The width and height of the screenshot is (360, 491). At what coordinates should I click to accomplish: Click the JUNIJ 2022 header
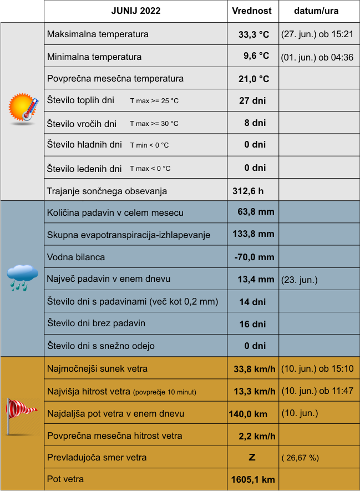135,11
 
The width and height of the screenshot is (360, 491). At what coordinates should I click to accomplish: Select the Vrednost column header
252,11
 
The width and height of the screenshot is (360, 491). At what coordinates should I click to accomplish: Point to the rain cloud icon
22,277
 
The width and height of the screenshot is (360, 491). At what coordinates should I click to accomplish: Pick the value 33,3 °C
253,34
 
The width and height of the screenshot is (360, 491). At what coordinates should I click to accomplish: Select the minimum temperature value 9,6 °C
256,56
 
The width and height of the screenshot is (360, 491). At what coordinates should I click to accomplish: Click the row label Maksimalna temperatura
98,34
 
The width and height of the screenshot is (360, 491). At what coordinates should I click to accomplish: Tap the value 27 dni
252,101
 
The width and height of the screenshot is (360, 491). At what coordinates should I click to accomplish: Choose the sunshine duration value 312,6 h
248,191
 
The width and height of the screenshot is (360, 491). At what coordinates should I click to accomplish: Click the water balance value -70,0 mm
254,257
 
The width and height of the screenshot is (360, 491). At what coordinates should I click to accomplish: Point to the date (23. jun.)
300,280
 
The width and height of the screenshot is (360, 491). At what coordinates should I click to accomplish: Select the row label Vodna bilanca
76,257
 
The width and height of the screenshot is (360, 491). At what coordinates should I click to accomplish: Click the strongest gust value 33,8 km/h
255,369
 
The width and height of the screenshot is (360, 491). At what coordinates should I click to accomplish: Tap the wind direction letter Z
252,458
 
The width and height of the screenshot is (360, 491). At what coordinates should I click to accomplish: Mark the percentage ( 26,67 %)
300,458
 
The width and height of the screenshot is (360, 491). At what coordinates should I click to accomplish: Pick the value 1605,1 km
252,479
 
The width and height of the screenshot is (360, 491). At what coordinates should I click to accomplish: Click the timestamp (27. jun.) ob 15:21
317,34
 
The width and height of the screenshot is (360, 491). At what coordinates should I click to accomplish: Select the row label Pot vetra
65,479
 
